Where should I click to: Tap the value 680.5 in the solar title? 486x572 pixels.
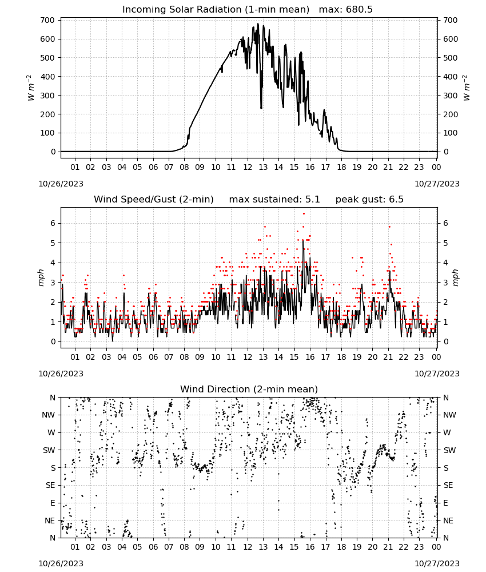click(x=358, y=9)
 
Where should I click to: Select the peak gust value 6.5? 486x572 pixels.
click(x=396, y=199)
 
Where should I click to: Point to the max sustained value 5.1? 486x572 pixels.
click(x=312, y=199)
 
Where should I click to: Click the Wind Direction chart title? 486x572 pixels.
click(x=249, y=389)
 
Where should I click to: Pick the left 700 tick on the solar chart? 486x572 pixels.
click(x=48, y=20)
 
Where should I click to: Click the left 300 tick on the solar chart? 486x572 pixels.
click(x=48, y=95)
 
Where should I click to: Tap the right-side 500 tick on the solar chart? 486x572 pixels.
click(x=451, y=58)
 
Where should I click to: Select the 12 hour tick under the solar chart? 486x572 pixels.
click(x=248, y=167)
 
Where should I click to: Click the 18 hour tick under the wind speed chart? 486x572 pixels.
click(x=341, y=357)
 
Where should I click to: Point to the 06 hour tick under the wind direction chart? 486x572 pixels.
click(x=153, y=547)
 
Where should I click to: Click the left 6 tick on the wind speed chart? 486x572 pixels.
click(x=53, y=223)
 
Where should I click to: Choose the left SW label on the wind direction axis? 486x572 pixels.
click(x=49, y=450)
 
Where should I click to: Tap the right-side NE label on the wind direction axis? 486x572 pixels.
click(x=448, y=521)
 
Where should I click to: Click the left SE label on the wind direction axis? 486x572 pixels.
click(x=51, y=485)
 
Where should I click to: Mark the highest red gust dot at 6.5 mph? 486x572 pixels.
click(x=304, y=214)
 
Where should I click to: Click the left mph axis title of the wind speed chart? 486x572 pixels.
click(x=41, y=277)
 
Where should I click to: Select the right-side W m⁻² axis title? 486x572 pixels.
click(x=467, y=88)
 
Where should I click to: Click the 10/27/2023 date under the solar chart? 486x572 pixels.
click(x=437, y=184)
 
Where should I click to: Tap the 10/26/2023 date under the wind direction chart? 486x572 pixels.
click(x=61, y=563)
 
